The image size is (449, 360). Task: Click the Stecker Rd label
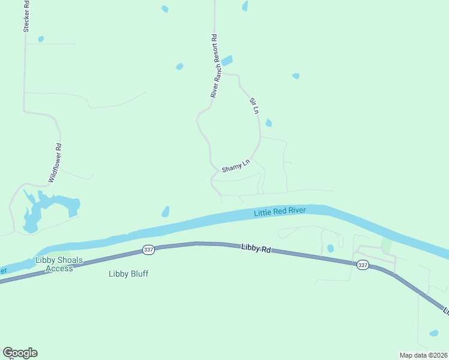26,16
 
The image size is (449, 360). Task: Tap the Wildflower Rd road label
55,163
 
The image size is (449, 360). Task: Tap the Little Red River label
280,211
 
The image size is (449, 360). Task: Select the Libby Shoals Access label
62,264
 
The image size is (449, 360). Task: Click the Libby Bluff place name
128,274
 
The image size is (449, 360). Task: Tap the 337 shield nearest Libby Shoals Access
149,249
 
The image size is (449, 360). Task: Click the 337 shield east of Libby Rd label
362,265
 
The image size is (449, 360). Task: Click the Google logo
20,353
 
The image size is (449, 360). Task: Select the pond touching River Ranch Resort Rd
227,61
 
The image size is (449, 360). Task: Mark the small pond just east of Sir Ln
268,123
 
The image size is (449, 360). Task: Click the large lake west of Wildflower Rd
48,207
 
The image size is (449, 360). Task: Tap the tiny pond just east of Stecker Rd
41,39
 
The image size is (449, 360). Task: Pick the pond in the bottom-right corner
433,333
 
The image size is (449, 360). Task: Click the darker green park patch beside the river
386,245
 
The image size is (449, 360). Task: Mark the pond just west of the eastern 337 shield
330,248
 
